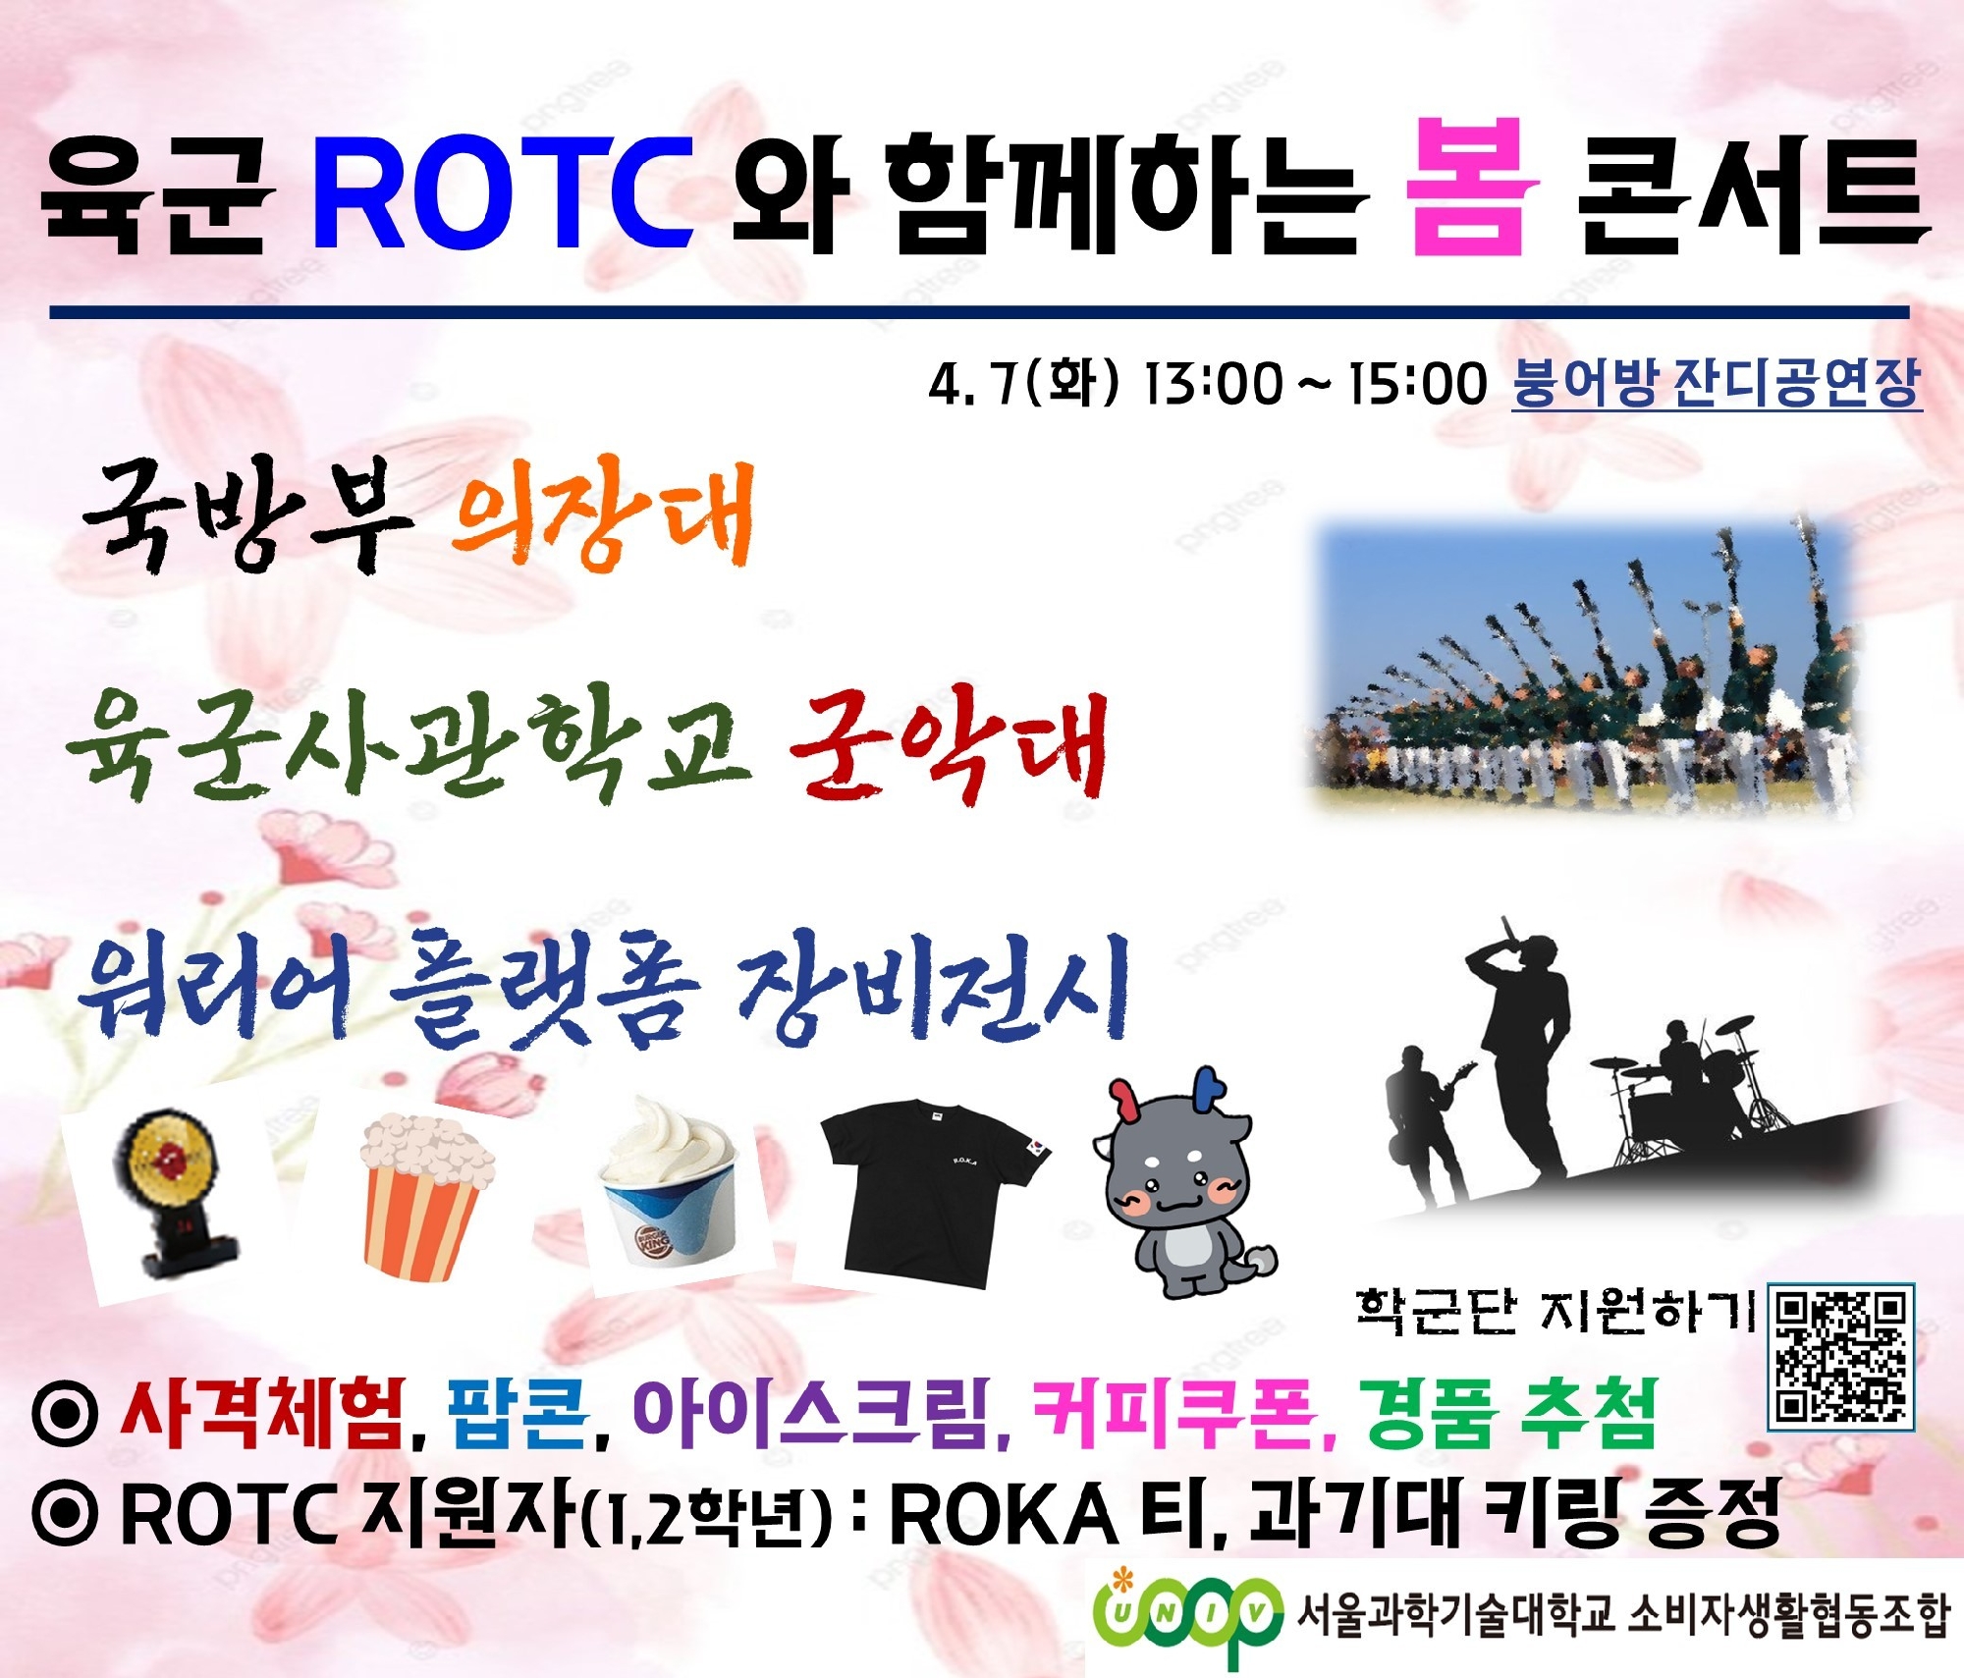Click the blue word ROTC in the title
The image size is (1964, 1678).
[x=503, y=191]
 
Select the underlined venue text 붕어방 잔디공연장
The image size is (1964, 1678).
[x=1716, y=383]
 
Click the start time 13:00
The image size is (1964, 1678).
[x=1214, y=384]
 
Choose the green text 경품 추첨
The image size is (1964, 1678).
[x=1507, y=1414]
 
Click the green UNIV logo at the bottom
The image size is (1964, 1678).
[x=1188, y=1613]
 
